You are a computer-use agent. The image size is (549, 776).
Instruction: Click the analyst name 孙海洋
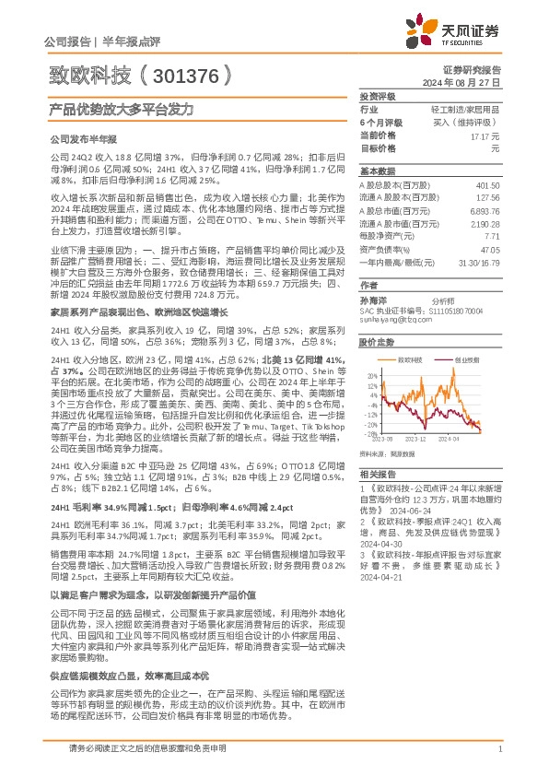[x=372, y=300]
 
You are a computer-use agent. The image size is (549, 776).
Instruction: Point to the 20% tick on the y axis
[x=371, y=377]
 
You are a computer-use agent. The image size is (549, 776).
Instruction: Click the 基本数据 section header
[x=376, y=171]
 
